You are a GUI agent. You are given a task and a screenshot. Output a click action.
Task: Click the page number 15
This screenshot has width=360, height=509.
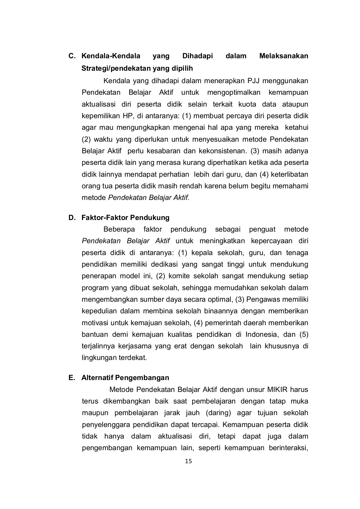tap(188, 461)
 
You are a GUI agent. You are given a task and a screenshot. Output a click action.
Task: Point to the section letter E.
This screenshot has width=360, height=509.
tap(72, 378)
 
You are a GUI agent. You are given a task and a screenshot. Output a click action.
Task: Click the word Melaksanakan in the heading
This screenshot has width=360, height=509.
tap(284, 56)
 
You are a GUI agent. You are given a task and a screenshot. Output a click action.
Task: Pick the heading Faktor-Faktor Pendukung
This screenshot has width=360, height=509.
tap(126, 218)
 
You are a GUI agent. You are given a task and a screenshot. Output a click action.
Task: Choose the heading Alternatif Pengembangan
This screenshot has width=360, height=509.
tap(125, 378)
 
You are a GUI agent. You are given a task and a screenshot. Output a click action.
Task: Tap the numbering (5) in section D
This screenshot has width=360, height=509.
tap(304, 335)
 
